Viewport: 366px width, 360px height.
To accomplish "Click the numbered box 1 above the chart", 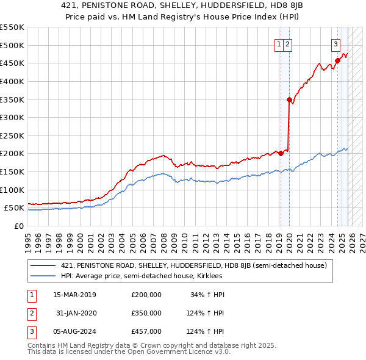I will click(x=279, y=44).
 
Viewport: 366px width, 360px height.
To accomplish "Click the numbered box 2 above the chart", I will click(x=287, y=44).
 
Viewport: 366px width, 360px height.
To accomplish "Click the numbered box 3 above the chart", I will click(x=335, y=44).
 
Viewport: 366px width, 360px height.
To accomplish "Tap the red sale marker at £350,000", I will click(x=289, y=99).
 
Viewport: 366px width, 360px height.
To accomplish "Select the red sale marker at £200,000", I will click(x=281, y=154).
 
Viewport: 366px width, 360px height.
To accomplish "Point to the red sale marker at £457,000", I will click(x=337, y=60).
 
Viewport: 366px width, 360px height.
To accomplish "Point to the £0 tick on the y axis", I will click(x=19, y=226).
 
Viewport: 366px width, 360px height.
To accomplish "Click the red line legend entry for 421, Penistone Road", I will click(x=194, y=265).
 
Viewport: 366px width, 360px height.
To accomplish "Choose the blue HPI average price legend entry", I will click(x=142, y=276).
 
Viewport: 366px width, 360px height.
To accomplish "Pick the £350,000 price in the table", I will click(x=146, y=313).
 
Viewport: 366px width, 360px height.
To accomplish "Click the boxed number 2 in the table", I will click(x=30, y=313).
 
